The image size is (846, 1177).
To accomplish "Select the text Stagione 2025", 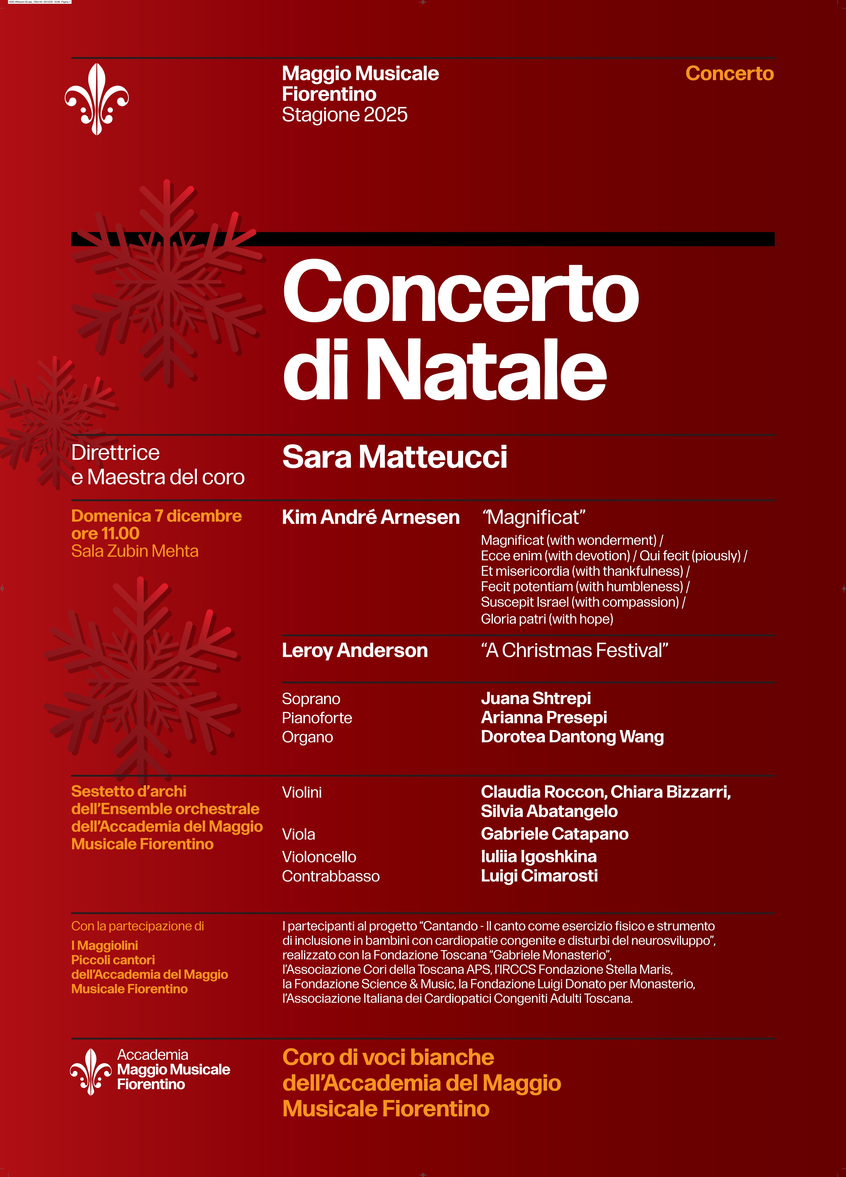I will pos(344,115).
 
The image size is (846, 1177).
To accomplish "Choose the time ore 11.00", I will pos(105,534).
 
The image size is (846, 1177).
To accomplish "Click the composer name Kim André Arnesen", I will pos(370,517).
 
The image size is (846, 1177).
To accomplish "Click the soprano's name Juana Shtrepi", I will pos(535,698).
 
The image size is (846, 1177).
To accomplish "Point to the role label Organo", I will pos(307,737).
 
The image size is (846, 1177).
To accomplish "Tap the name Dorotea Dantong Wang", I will pos(572,737).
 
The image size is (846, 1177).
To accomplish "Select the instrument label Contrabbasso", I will pos(330,877).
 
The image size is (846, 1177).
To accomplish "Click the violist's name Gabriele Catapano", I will pos(554,834).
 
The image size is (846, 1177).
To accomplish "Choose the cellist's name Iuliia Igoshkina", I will pos(539,857).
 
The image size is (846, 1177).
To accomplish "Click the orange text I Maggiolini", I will pos(104,946).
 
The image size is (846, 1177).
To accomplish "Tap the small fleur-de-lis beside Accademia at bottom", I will pos(91,1072).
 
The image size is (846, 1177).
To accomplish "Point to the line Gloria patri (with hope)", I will pos(547,619).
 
